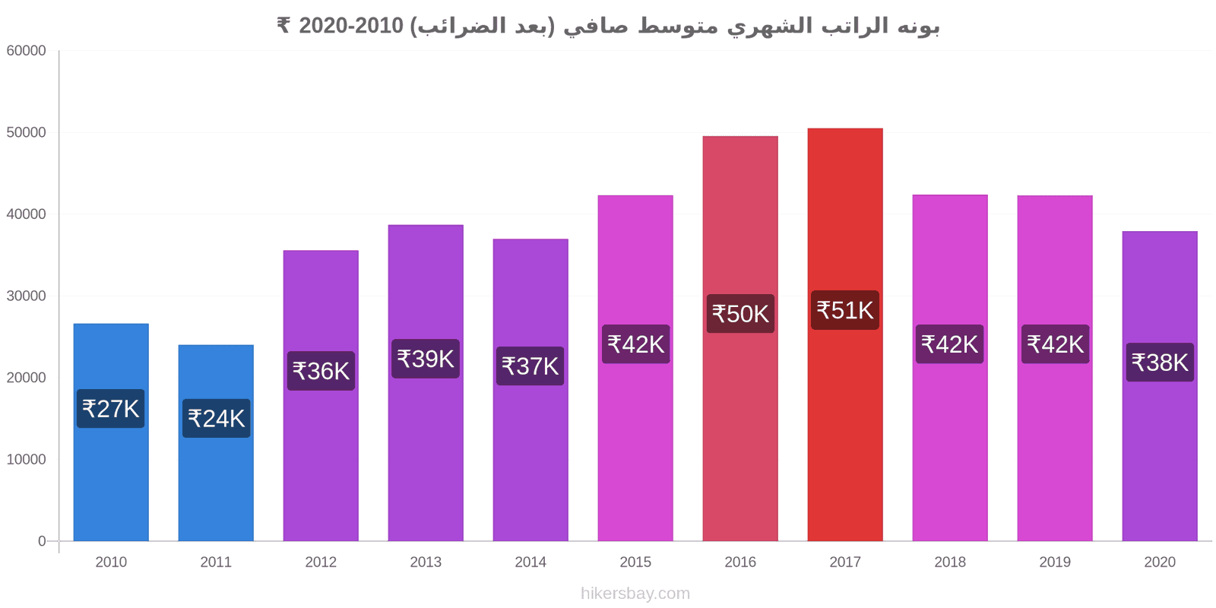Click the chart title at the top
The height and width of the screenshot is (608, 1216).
tap(608, 26)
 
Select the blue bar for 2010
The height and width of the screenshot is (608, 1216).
tap(111, 432)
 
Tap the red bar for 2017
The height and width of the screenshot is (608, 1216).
tap(845, 334)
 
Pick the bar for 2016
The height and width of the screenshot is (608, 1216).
tap(740, 338)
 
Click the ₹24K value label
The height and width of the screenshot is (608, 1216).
tap(216, 419)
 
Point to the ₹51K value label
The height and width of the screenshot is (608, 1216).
tap(845, 311)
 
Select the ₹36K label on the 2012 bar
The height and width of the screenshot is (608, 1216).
tap(321, 372)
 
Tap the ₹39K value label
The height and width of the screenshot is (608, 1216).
tap(426, 359)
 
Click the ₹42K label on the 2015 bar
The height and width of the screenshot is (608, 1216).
tap(635, 344)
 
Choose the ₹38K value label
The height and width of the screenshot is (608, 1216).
tap(1160, 363)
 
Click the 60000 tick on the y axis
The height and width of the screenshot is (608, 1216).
tap(26, 50)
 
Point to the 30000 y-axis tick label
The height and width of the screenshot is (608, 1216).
tap(26, 296)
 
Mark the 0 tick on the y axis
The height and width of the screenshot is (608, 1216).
tap(42, 541)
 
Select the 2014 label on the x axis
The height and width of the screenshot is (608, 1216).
tap(530, 562)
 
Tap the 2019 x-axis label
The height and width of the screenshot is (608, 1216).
tap(1055, 562)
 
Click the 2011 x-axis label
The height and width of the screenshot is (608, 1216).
tap(216, 562)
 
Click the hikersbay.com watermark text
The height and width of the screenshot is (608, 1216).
tap(635, 594)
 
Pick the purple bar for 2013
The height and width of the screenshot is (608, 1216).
tap(426, 383)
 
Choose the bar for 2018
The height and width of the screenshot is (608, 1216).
tap(950, 368)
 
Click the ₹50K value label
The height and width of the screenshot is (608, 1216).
tap(740, 314)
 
